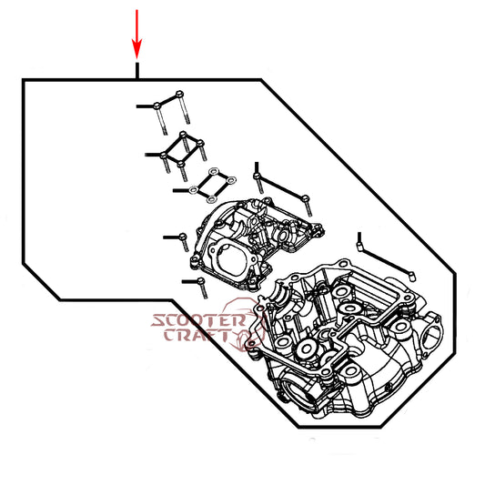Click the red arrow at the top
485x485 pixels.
click(137, 34)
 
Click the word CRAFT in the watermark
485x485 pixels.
click(197, 335)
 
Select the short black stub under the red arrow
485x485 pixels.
click(137, 71)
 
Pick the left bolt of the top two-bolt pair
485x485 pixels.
click(160, 119)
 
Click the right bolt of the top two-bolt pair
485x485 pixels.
click(184, 106)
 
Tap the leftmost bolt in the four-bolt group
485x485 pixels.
click(166, 163)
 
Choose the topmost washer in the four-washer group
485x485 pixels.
click(214, 171)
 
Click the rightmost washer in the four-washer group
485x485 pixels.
click(231, 179)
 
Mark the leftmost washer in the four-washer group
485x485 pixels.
click(194, 190)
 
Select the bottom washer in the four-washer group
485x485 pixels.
click(211, 199)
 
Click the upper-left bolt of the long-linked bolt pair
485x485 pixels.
click(258, 184)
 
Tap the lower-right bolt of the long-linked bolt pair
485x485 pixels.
click(308, 207)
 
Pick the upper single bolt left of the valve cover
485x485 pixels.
click(184, 242)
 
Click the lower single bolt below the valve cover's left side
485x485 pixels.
click(202, 288)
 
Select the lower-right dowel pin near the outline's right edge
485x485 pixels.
click(411, 277)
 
